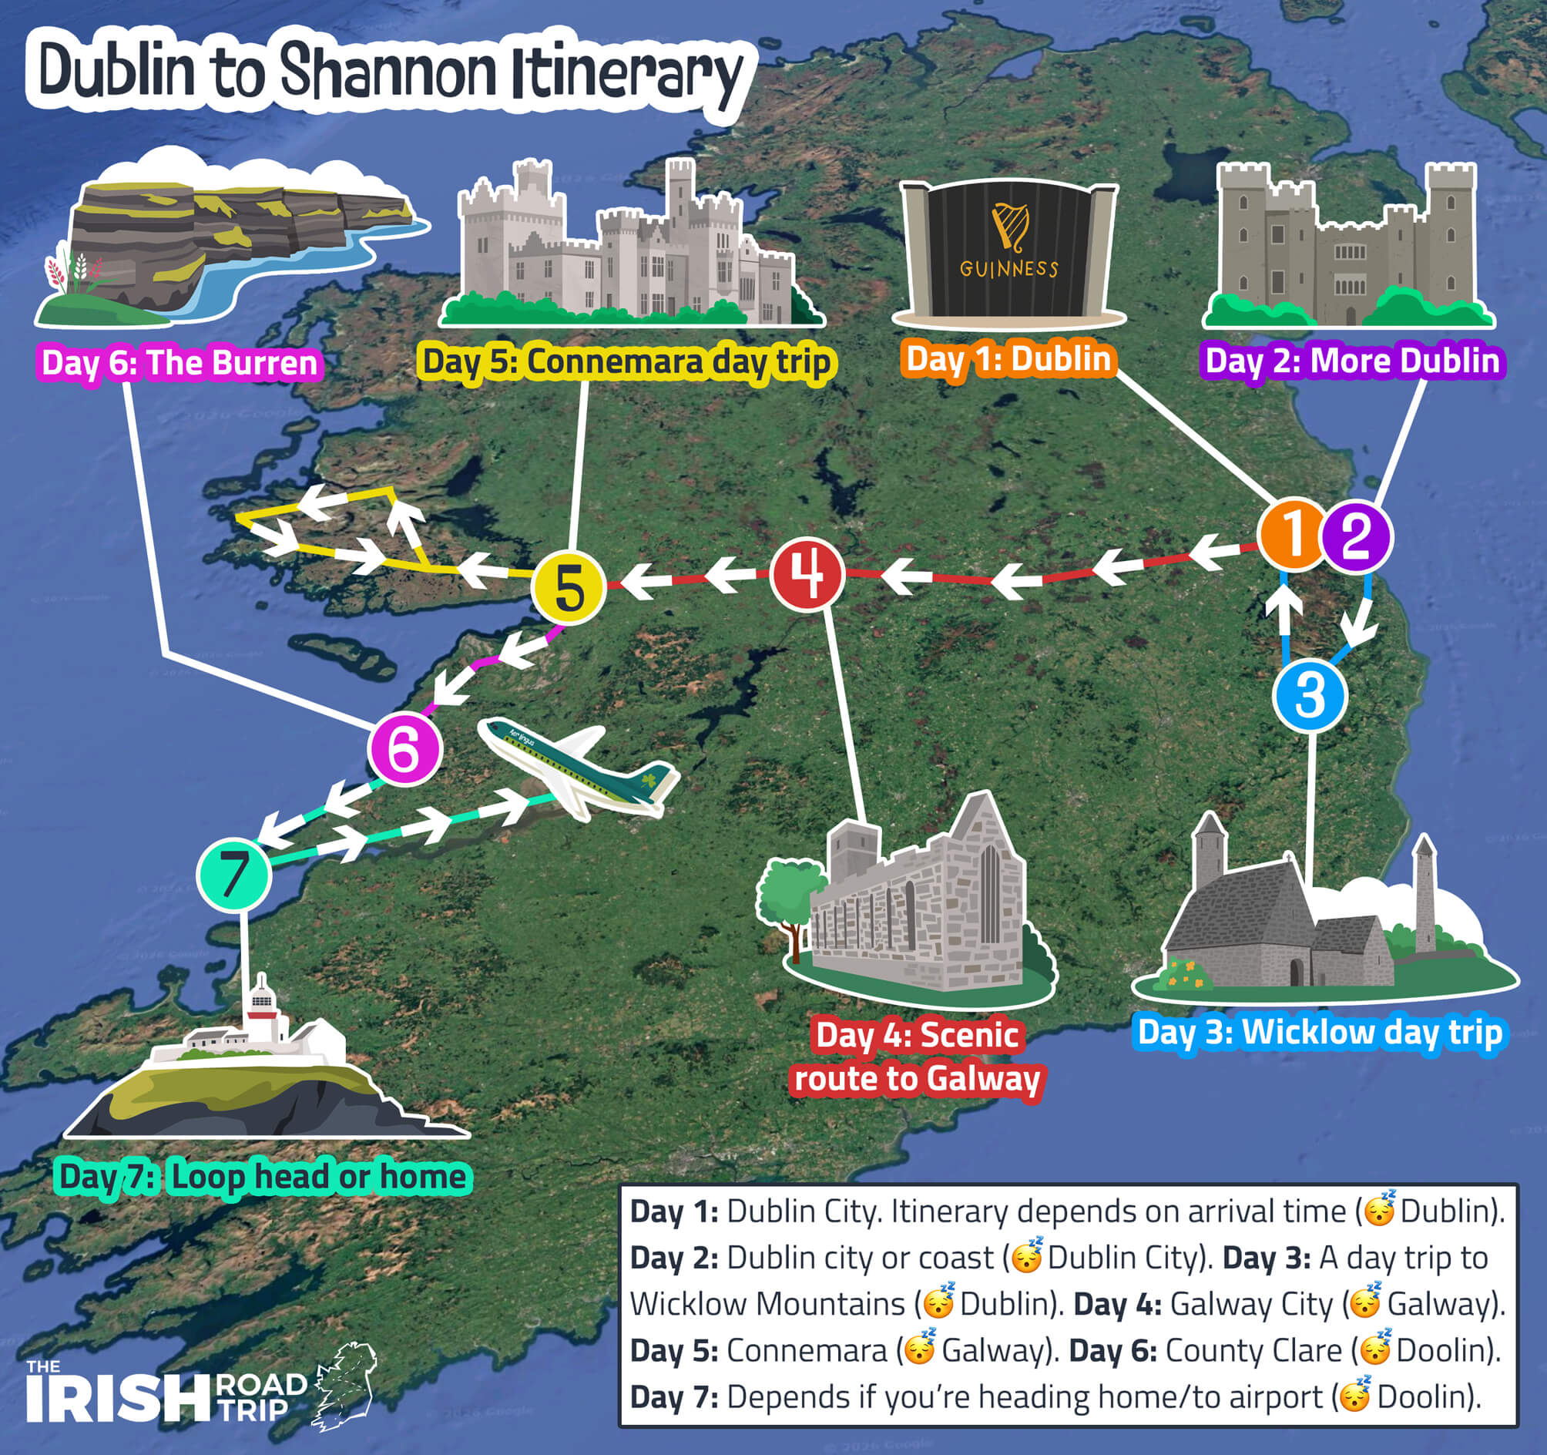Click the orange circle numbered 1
(x=1292, y=534)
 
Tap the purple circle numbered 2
(x=1356, y=536)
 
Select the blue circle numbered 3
(x=1310, y=695)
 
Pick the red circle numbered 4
(x=807, y=575)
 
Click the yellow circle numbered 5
(x=568, y=588)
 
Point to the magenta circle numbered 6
(x=404, y=750)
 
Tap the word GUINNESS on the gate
(x=1008, y=270)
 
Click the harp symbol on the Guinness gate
(x=1010, y=226)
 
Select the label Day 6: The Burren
(x=179, y=363)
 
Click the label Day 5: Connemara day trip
(x=627, y=362)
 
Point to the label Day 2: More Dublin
(x=1352, y=361)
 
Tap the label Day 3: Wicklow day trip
(x=1319, y=1033)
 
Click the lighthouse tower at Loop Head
(x=261, y=1008)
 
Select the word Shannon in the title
(x=388, y=72)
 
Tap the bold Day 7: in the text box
(x=674, y=1396)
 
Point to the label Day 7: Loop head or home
(x=262, y=1175)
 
